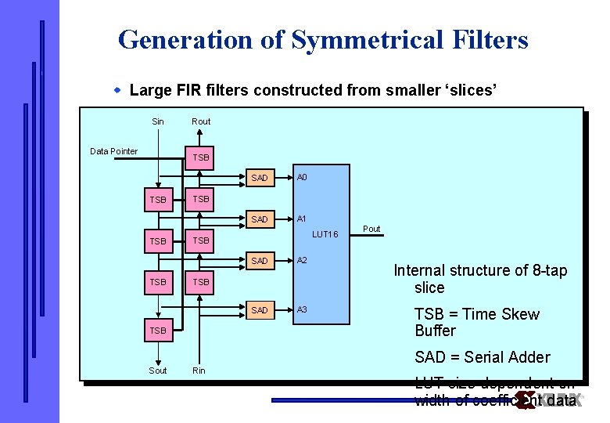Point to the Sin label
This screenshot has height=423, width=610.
(158, 121)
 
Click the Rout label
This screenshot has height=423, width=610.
(201, 121)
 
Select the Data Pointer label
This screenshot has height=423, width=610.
(114, 151)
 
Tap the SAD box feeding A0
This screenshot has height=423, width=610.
(260, 178)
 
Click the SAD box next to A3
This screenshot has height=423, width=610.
(260, 311)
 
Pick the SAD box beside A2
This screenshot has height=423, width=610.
(260, 261)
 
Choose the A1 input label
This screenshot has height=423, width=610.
(302, 219)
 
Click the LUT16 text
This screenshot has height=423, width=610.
(325, 234)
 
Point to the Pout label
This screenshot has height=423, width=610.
(371, 229)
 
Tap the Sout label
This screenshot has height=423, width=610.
(158, 371)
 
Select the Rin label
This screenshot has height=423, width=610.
(199, 371)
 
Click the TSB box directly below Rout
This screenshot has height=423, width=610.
(201, 157)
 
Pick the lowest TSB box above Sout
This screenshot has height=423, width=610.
(158, 331)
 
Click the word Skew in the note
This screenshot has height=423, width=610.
(517, 314)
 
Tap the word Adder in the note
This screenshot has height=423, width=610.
(529, 357)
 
